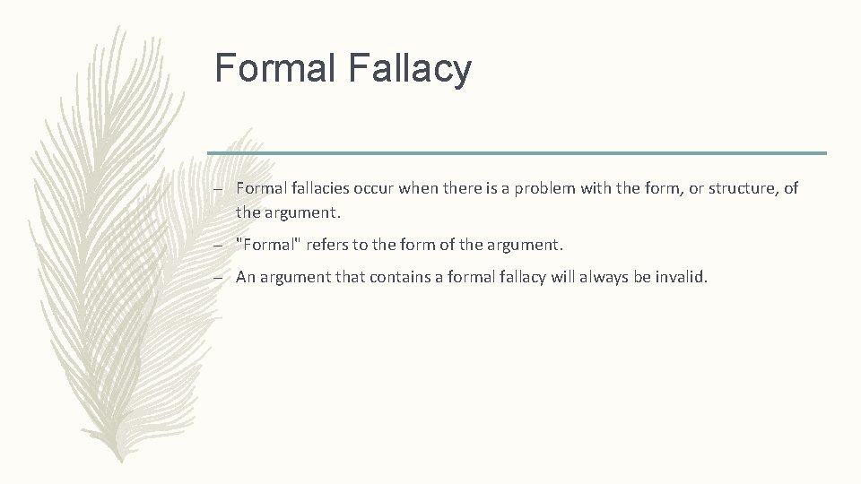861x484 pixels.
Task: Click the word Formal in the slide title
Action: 274,69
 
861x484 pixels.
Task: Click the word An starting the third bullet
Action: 246,278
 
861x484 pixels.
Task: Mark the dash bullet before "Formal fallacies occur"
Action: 220,189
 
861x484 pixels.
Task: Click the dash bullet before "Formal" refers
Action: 220,244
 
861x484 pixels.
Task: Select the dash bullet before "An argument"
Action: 220,278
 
